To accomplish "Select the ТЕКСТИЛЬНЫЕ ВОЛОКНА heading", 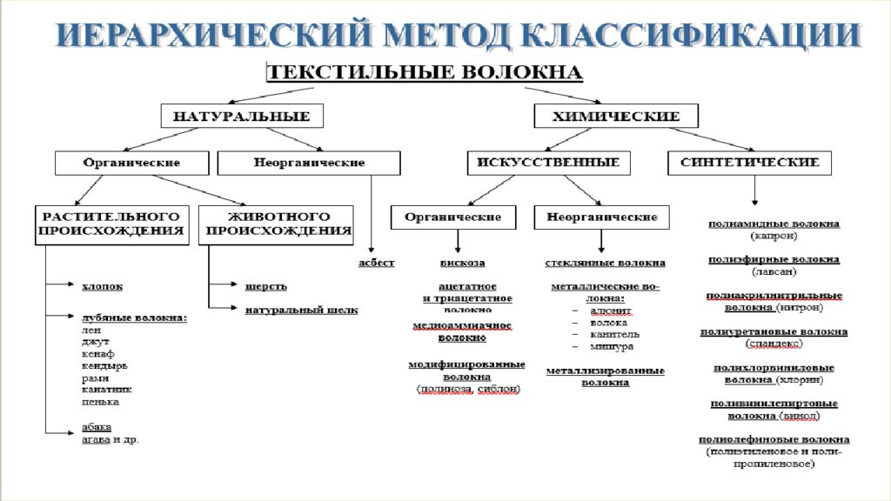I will (x=422, y=70).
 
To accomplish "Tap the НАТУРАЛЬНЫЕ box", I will (x=241, y=116).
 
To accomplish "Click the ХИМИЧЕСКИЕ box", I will (x=618, y=116).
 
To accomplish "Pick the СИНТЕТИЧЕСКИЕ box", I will (x=750, y=163).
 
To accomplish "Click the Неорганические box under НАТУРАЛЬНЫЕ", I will (x=309, y=163).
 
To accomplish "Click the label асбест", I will (x=377, y=263).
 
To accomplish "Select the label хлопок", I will (x=102, y=284).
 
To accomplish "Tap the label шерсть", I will (x=266, y=286).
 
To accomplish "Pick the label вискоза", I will (x=462, y=263).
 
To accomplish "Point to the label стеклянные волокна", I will (x=606, y=263).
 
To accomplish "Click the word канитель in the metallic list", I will (x=614, y=333).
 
